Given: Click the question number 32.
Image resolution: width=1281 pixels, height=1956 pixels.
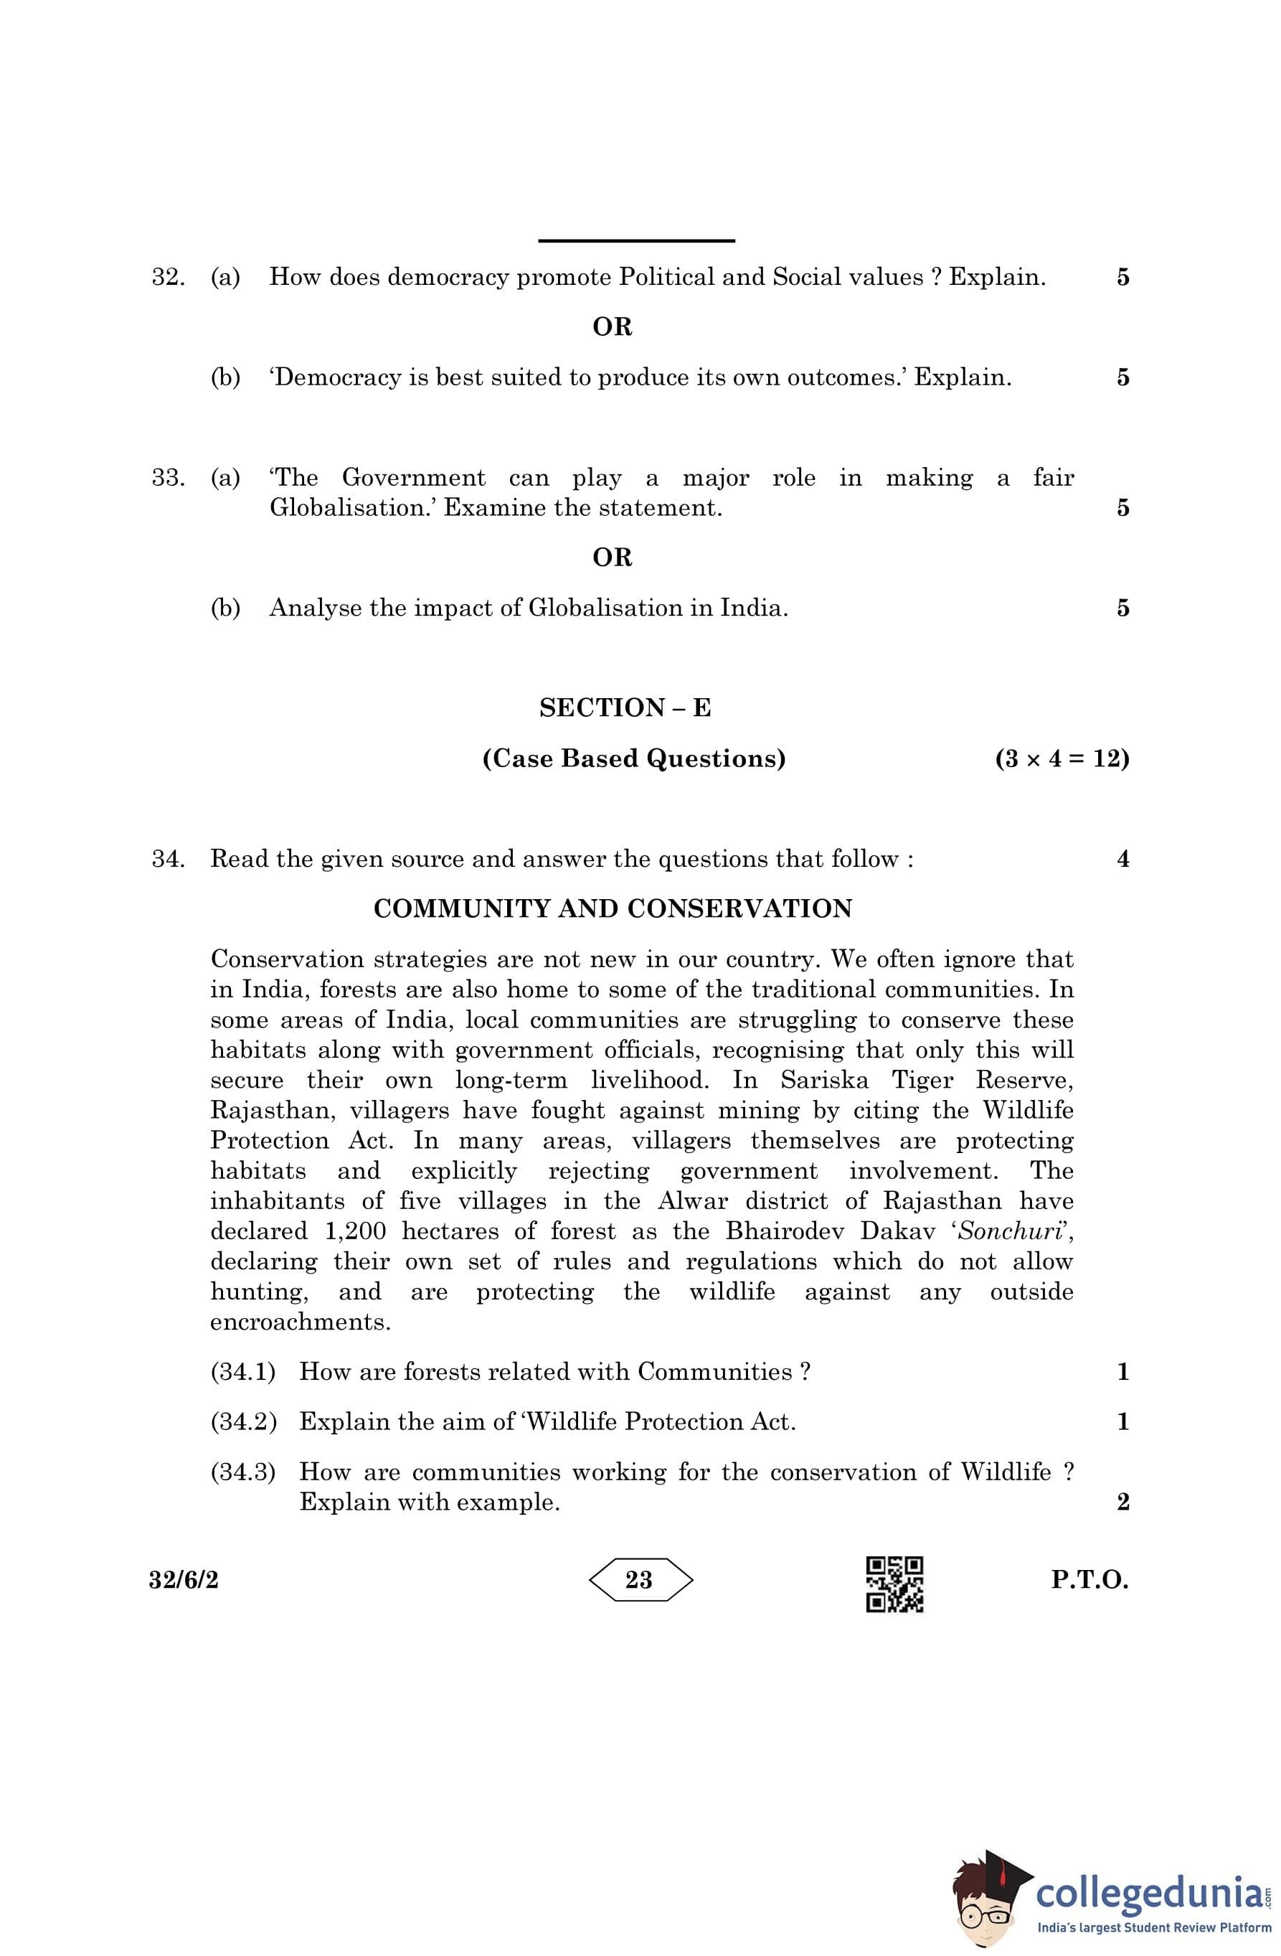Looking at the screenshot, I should point(167,277).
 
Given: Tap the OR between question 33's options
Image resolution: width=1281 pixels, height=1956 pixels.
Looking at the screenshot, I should point(612,558).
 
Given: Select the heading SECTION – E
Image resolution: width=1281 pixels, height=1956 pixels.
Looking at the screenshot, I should point(625,707).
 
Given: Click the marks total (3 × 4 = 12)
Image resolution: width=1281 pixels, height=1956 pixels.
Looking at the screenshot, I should point(1062,758).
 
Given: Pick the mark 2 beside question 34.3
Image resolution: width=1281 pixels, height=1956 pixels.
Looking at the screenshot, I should point(1122,1502).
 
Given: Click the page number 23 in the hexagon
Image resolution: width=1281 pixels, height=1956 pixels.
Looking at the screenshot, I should point(639,1579).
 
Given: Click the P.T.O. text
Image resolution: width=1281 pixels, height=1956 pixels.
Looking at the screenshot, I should point(1089,1579).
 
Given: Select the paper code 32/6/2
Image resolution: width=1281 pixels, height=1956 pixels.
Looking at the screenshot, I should point(184,1579).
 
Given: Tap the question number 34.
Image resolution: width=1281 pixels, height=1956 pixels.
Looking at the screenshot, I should point(167,859).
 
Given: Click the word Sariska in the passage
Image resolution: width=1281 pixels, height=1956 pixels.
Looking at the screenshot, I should point(823,1080).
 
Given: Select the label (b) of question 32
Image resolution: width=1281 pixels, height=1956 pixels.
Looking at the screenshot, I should point(225,377).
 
